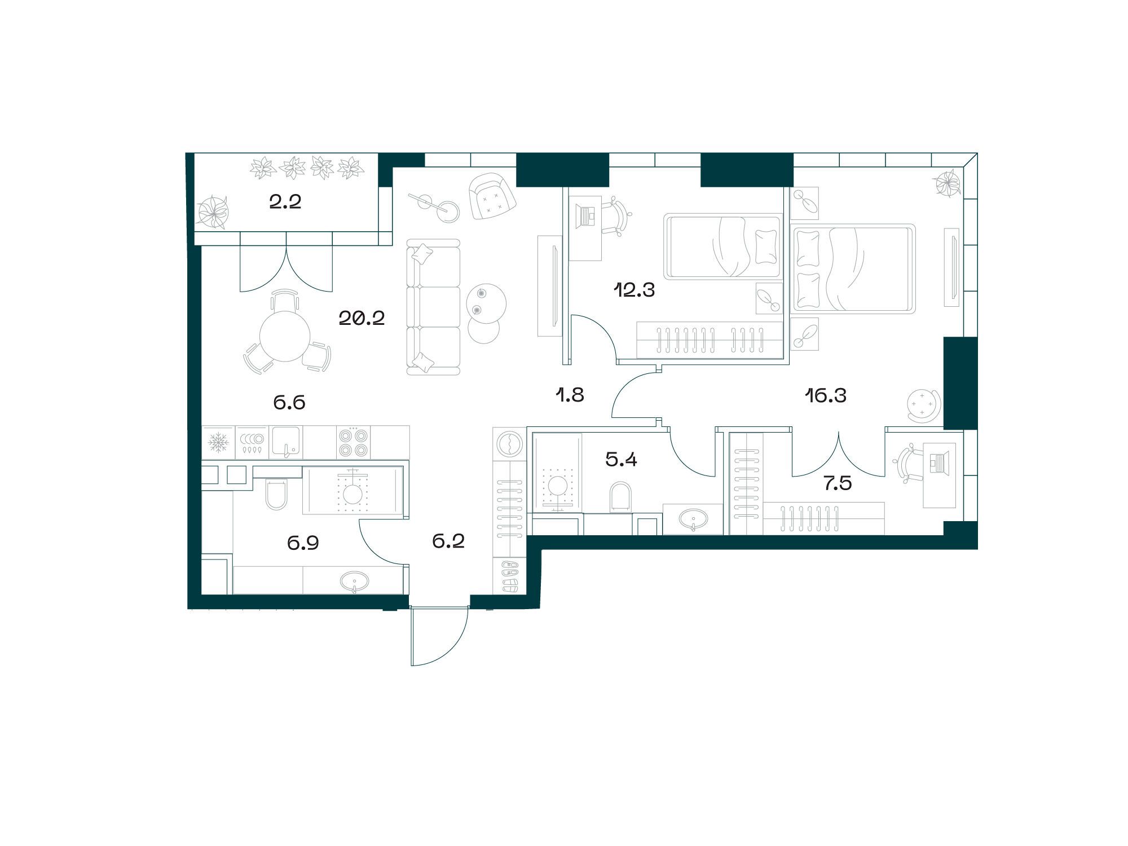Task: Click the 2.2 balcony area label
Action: (285, 202)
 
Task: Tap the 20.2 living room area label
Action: (362, 319)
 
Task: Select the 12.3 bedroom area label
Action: (634, 290)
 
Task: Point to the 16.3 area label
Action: (826, 396)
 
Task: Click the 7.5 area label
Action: (838, 483)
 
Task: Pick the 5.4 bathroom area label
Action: (621, 460)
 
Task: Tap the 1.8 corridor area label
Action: (570, 395)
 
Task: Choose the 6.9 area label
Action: (303, 543)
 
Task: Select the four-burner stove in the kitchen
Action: (353, 442)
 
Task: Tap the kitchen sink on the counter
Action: (286, 442)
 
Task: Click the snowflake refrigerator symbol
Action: (218, 442)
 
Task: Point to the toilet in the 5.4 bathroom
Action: (622, 497)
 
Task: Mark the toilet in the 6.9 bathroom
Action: (276, 493)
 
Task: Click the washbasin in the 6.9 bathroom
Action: (354, 580)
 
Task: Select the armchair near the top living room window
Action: (493, 196)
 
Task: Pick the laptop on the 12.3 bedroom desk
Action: (587, 215)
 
